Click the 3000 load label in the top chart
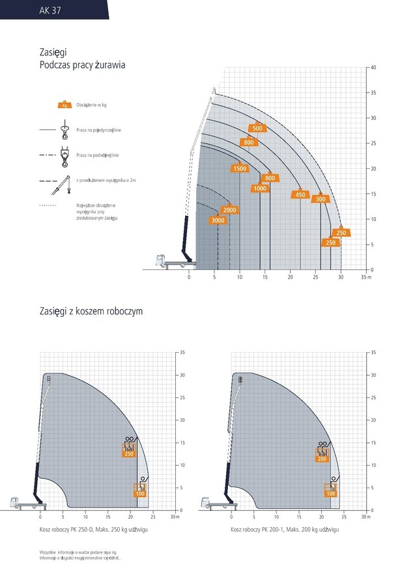218,220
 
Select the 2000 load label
229,210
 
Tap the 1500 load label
240,169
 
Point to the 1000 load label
260,188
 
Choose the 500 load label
257,128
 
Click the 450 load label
300,195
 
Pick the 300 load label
321,199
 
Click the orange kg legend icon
64,105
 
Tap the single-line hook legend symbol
64,131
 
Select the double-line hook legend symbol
64,156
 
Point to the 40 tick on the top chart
373,67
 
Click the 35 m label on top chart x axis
365,278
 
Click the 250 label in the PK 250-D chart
129,453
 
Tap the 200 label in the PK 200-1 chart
322,459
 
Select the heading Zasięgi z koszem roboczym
91,312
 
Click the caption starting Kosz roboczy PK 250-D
94,530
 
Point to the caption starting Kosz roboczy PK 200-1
285,530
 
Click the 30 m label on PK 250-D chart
175,517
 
